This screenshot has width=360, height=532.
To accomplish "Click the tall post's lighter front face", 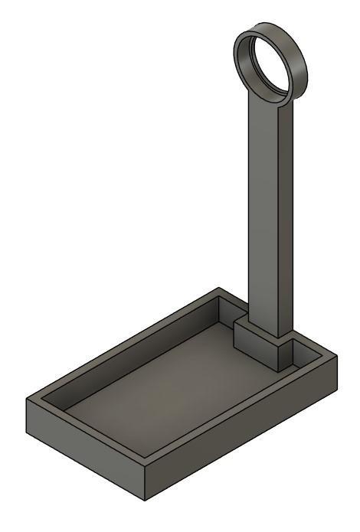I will (265, 214).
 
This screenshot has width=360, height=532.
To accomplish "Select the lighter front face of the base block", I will (254, 347).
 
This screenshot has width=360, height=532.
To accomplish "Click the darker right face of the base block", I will (286, 352).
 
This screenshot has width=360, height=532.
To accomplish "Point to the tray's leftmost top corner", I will (28, 400).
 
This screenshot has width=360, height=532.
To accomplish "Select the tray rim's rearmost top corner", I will (220, 289).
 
